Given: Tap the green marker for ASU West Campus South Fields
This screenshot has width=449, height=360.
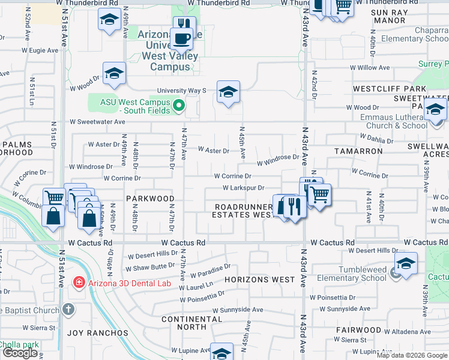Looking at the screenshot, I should coord(178,107).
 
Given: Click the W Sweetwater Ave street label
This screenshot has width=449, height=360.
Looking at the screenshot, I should coord(97,121).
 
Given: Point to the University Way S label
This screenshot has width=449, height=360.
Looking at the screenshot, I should coord(181,91).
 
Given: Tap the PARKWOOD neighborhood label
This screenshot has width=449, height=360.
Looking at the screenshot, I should coord(150,198).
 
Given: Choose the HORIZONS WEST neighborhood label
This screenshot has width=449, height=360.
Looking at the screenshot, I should coord(260,280).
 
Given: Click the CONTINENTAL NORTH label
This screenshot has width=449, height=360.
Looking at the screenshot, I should coord(191,323).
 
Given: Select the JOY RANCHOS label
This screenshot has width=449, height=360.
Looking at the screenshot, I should coord(97,332).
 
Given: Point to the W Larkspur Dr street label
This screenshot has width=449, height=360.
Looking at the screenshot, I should coord(243,188).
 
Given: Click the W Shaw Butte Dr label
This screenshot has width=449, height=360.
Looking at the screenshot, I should coord(150,263).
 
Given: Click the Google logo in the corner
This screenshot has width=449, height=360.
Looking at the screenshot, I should coord(20,353).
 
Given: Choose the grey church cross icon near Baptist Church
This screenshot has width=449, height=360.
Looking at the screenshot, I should coord(68,309).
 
